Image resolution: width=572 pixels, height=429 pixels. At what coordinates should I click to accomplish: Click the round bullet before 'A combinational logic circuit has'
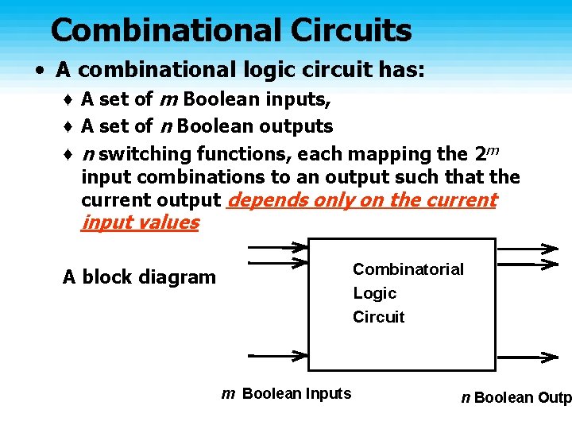[x=39, y=70]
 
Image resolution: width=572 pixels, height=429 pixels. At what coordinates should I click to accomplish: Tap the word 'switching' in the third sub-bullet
[x=146, y=153]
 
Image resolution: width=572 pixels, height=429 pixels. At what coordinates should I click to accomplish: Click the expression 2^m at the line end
[x=485, y=151]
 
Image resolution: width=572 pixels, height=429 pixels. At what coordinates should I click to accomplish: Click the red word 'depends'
[x=265, y=200]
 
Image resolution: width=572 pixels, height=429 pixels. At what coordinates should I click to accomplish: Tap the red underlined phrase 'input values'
[x=140, y=222]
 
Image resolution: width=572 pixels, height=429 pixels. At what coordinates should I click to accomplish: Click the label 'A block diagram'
[x=139, y=277]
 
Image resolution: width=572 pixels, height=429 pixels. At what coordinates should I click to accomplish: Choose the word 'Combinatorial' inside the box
[x=408, y=269]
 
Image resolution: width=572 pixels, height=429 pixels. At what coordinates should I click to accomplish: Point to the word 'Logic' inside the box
[x=374, y=293]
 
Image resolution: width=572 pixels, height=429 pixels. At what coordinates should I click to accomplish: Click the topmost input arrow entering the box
[x=278, y=246]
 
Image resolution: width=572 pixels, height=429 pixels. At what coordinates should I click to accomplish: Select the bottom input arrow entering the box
[x=278, y=354]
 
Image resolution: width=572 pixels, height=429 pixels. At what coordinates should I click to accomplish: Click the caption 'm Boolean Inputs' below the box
[x=286, y=393]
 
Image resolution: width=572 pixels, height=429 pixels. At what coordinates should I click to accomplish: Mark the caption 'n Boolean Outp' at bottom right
[x=516, y=397]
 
